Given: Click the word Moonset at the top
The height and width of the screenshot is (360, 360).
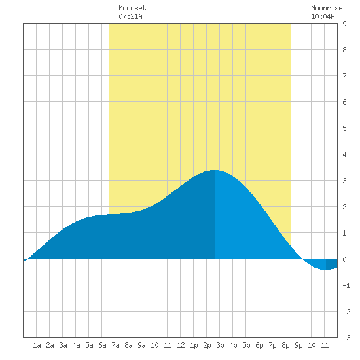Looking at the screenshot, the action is click(132, 8).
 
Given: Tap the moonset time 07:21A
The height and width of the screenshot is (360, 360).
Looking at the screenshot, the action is click(130, 16).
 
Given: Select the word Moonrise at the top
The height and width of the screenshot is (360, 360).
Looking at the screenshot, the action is click(327, 8).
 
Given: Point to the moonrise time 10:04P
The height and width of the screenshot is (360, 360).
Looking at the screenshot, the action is click(323, 16).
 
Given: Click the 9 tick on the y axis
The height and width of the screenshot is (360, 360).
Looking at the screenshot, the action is click(344, 24).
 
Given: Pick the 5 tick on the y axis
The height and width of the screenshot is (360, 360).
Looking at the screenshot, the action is click(344, 128).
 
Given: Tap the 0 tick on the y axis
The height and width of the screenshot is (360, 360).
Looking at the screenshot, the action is click(344, 259).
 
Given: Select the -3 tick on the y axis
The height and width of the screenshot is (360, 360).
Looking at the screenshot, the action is click(346, 338).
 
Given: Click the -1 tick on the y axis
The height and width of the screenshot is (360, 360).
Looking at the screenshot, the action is click(346, 285).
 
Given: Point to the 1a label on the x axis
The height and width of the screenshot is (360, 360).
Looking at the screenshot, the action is click(37, 345).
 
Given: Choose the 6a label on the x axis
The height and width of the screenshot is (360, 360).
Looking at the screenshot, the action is click(102, 345).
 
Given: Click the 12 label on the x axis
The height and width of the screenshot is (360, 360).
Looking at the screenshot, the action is click(181, 345).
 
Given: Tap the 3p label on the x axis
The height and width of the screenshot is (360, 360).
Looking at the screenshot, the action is click(220, 345).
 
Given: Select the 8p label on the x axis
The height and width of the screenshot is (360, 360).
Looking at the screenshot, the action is click(285, 345).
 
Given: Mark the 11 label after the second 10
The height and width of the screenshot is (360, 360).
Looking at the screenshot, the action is click(325, 345).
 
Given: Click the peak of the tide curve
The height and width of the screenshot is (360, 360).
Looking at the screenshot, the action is click(214, 170).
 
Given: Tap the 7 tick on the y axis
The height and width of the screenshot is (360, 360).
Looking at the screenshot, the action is click(344, 76).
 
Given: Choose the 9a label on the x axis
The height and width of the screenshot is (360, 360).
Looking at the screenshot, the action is click(141, 345).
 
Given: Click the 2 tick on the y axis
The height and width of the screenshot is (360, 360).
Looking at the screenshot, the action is click(344, 207).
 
